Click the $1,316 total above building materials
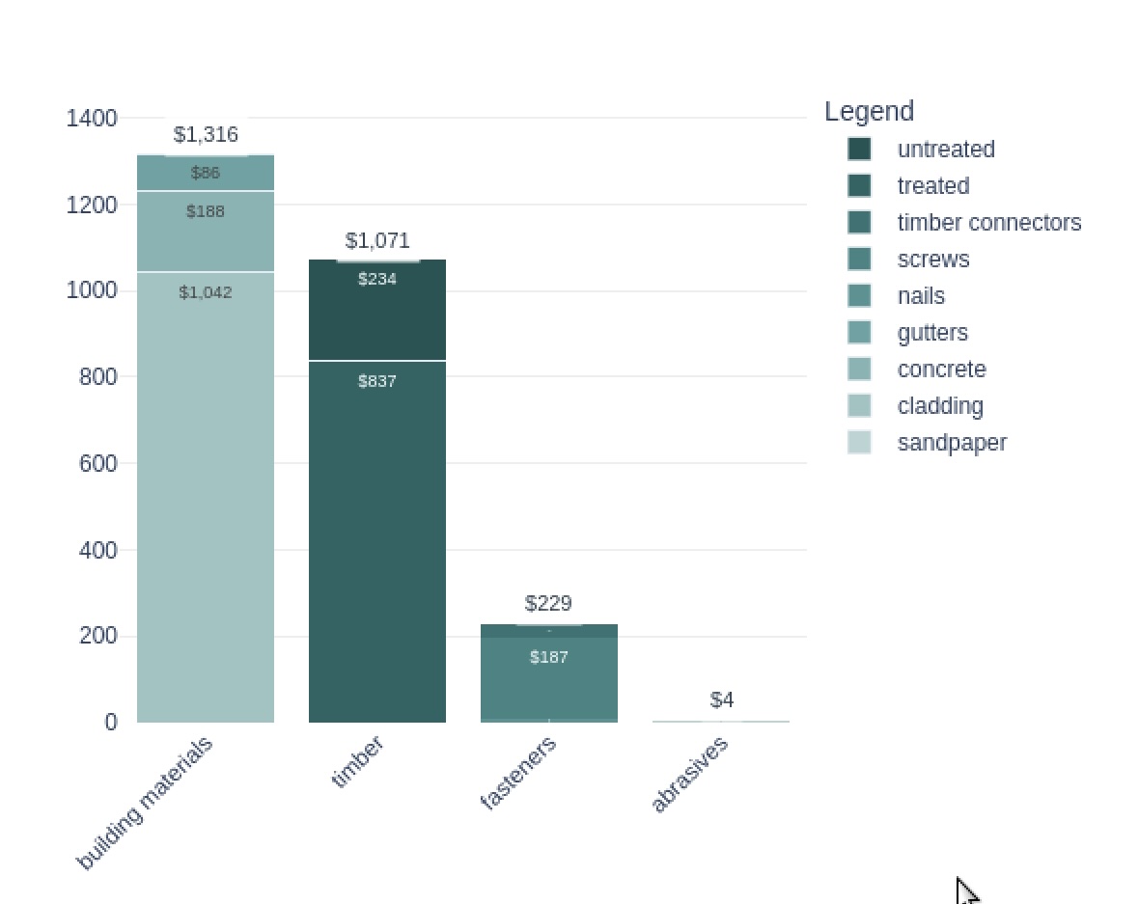[206, 134]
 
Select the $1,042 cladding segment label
[206, 292]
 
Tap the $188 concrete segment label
[206, 211]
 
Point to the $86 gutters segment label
[206, 173]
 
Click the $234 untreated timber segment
[377, 309]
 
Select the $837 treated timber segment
[377, 540]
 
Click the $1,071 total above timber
[377, 240]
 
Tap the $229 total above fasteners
[548, 603]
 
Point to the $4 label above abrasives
[722, 699]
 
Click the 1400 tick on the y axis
[92, 118]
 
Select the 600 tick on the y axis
[97, 463]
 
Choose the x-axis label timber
[357, 762]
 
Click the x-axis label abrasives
[690, 775]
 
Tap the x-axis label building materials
[145, 804]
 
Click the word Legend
[869, 111]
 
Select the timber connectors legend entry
[988, 223]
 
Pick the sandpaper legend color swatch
[859, 443]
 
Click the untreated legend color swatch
[859, 150]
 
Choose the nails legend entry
[921, 296]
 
